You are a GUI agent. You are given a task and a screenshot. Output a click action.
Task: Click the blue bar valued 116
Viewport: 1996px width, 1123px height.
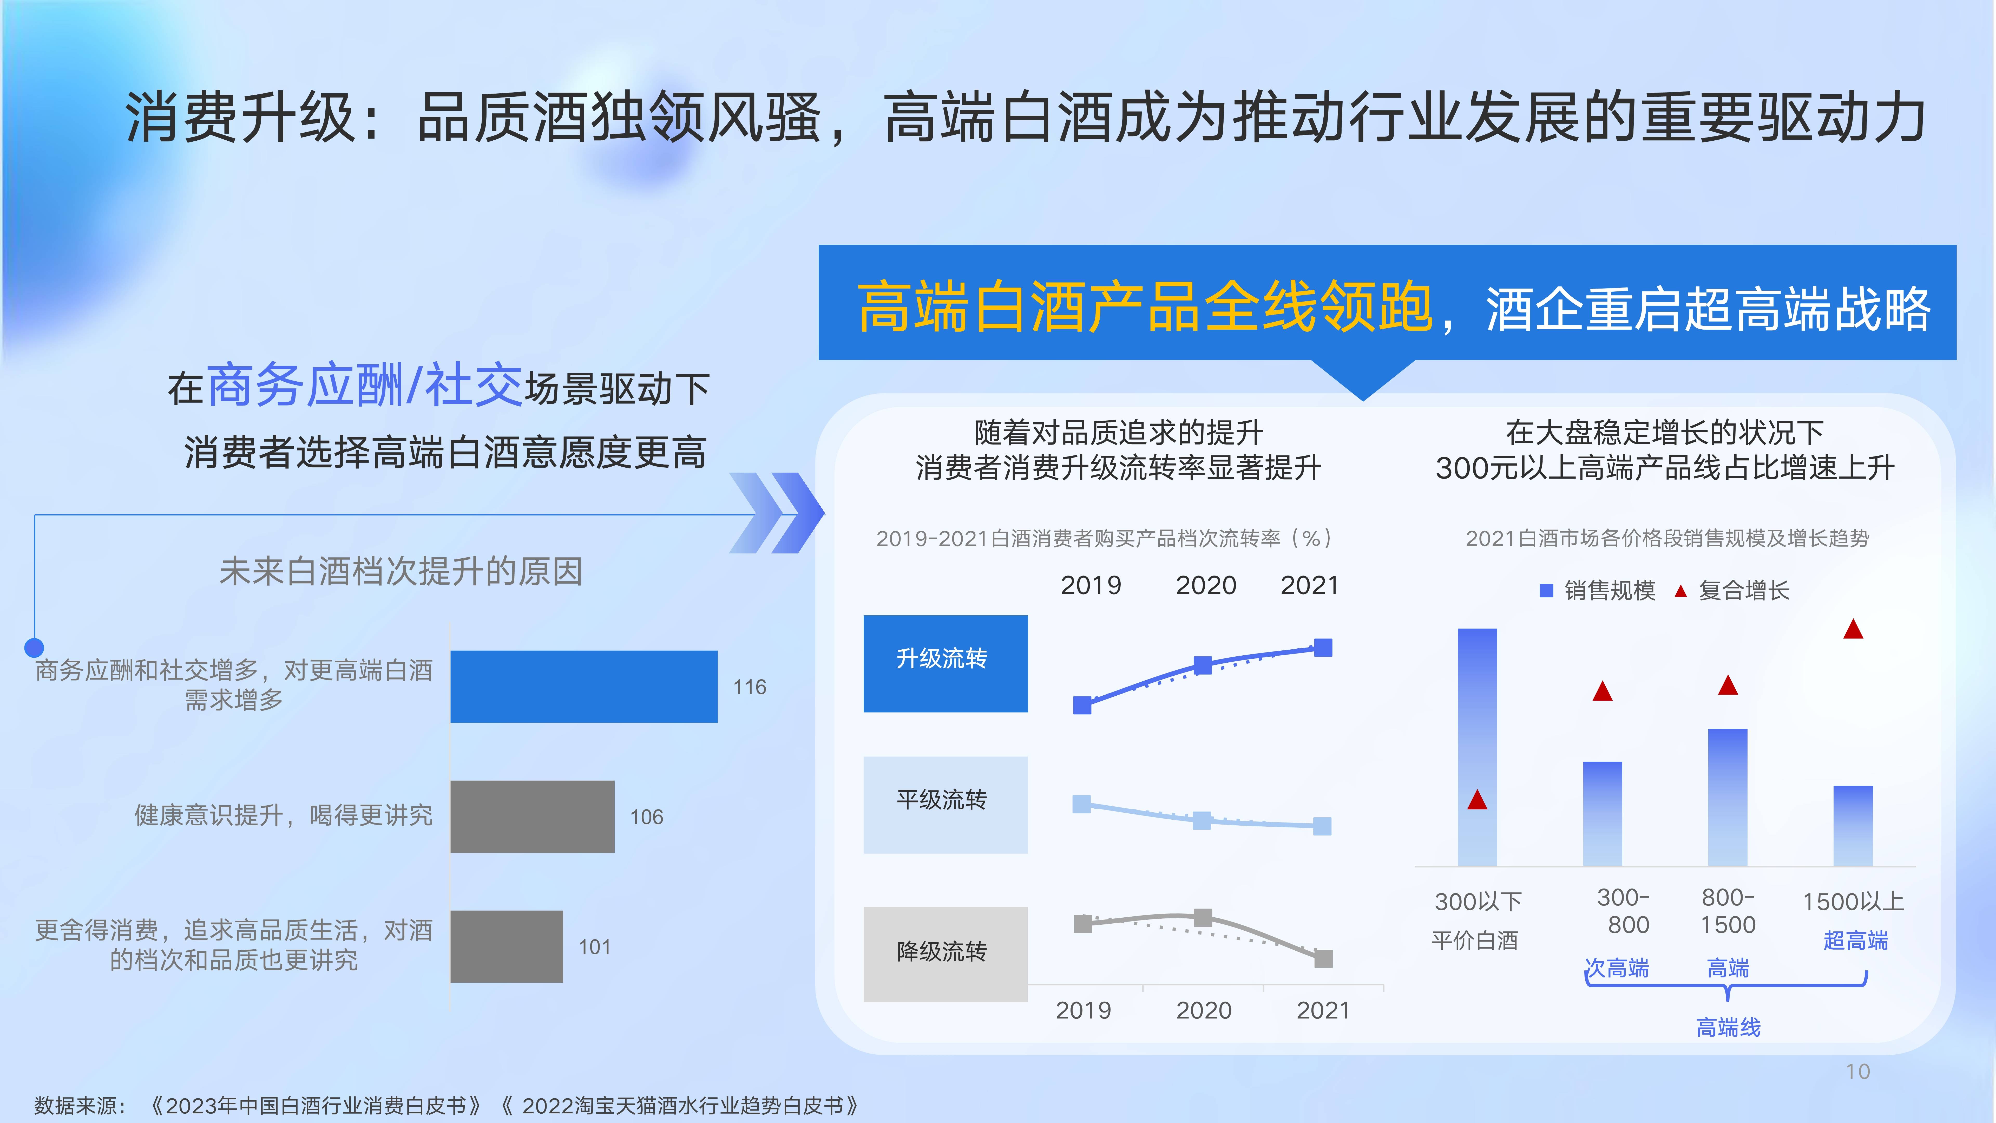[583, 687]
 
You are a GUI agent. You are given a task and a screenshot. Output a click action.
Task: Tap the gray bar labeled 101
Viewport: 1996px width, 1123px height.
[507, 946]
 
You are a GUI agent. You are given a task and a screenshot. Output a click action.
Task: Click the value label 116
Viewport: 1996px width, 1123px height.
[749, 687]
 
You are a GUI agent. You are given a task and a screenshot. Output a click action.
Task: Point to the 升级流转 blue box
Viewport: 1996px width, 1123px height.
[945, 663]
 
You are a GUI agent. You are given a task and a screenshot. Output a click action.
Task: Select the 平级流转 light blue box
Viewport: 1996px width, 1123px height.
[945, 805]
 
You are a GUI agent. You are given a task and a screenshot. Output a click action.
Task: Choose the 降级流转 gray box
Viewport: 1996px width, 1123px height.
[945, 954]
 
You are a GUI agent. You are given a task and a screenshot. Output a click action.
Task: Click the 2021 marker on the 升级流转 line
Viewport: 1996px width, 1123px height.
[1323, 647]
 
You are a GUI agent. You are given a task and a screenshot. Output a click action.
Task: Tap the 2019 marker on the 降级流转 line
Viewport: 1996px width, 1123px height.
[1082, 924]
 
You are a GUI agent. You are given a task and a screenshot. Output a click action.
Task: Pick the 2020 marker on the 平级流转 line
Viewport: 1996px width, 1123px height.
[1202, 820]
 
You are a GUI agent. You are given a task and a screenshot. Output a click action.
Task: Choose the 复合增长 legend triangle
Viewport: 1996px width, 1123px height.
[1681, 591]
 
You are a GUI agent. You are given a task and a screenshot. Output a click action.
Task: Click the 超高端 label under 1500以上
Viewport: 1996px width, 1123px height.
[1856, 940]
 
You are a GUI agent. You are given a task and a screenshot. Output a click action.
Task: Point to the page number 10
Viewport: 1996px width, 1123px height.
[1857, 1072]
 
